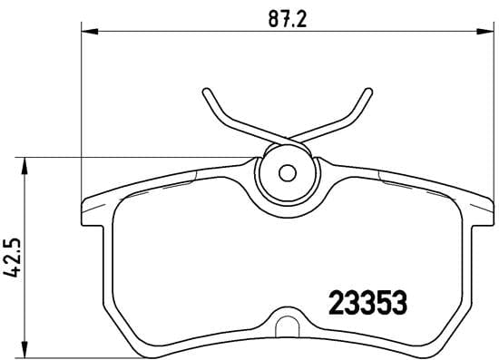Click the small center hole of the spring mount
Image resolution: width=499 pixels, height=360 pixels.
coord(288,171)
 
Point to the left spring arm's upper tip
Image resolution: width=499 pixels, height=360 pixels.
coord(207,92)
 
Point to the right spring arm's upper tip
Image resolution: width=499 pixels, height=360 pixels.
coord(367,92)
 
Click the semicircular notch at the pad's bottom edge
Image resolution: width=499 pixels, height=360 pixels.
coord(288,325)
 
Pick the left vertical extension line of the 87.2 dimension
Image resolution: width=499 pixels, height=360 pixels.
coord(83,109)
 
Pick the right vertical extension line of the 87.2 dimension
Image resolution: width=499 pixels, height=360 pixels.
coord(491,109)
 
